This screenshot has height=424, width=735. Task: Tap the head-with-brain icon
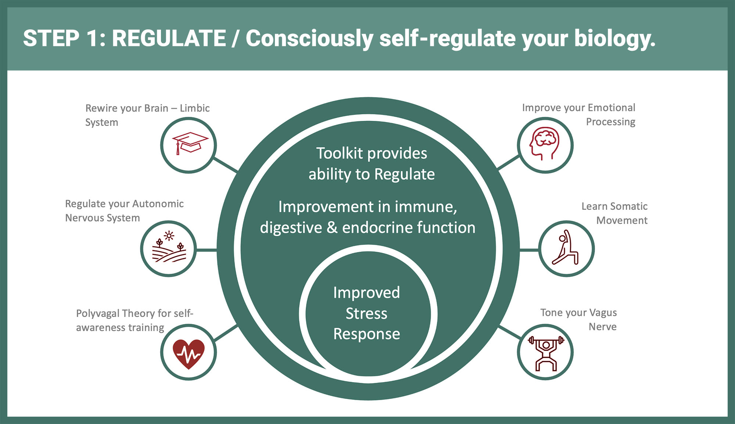545,143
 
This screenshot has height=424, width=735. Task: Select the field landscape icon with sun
169,247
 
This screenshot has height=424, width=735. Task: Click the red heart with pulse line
189,354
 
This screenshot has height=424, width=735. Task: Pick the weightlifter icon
546,353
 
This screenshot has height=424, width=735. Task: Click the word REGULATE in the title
169,38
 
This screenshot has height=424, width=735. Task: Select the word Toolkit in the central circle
340,153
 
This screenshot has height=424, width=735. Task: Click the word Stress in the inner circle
366,313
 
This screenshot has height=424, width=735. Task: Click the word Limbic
195,108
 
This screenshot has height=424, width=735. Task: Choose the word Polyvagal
97,313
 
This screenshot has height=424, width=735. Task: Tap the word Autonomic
158,204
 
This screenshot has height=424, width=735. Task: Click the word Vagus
603,313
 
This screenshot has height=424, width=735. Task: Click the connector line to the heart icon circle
226,333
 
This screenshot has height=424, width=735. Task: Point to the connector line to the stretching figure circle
529,250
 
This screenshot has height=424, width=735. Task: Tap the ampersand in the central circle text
332,227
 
